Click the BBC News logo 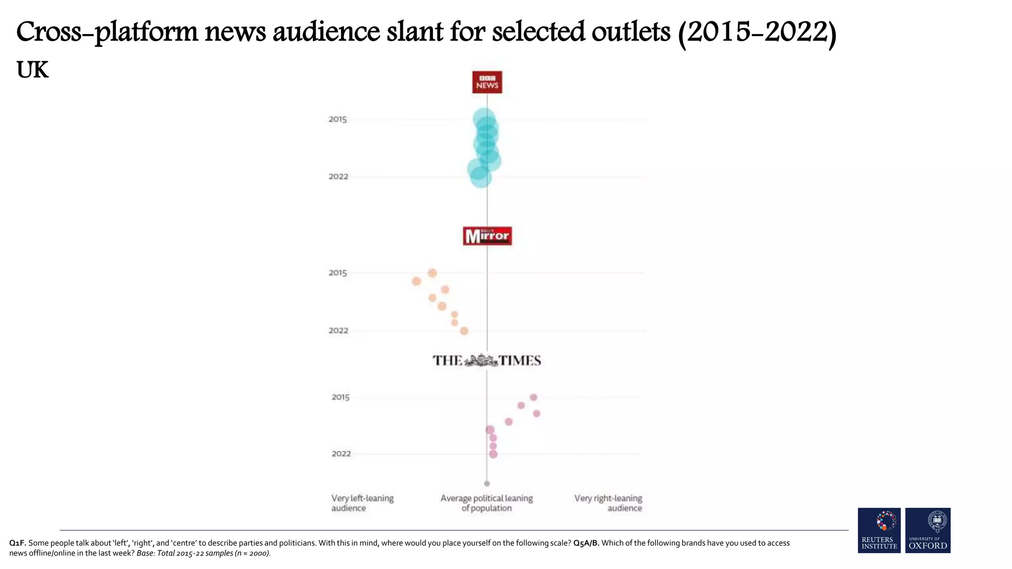pyautogui.click(x=487, y=82)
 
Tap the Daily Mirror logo pyautogui.click(x=487, y=236)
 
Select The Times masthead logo pyautogui.click(x=487, y=361)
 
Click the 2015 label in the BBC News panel pyautogui.click(x=338, y=120)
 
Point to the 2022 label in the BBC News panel pyautogui.click(x=338, y=177)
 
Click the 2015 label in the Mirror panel pyautogui.click(x=338, y=273)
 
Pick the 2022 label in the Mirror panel pyautogui.click(x=338, y=330)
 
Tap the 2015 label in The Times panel pyautogui.click(x=340, y=397)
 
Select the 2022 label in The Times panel pyautogui.click(x=341, y=454)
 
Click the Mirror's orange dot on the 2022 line pyautogui.click(x=464, y=331)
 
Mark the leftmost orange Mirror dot pyautogui.click(x=417, y=281)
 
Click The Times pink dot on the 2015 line pyautogui.click(x=533, y=397)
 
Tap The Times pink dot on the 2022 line pyautogui.click(x=493, y=454)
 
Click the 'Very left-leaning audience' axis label pyautogui.click(x=362, y=503)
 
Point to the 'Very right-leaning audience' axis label pyautogui.click(x=608, y=503)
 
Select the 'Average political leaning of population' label pyautogui.click(x=487, y=503)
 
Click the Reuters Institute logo pyautogui.click(x=879, y=530)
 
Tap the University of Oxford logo pyautogui.click(x=928, y=530)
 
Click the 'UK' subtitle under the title pyautogui.click(x=33, y=70)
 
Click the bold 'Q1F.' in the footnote pyautogui.click(x=17, y=543)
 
